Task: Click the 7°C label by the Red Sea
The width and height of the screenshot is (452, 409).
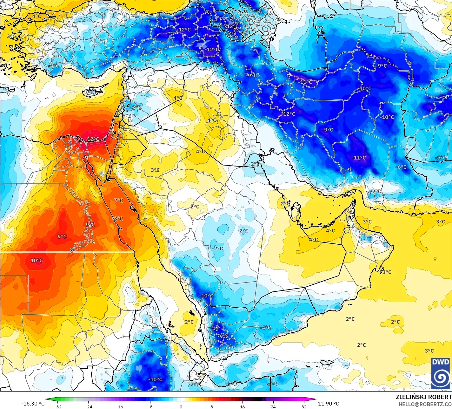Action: [x=118, y=201]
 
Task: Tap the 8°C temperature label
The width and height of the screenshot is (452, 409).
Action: [x=118, y=219]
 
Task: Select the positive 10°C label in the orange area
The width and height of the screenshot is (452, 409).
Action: [x=37, y=261]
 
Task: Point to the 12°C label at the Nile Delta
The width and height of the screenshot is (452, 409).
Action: [x=93, y=139]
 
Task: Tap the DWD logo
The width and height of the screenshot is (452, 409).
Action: [x=441, y=373]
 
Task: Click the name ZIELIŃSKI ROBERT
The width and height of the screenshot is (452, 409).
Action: [x=423, y=397]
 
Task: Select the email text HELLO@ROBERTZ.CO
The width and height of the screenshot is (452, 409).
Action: [x=425, y=404]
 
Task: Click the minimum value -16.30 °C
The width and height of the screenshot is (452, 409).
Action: [x=33, y=404]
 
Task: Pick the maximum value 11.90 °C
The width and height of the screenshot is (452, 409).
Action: [x=329, y=404]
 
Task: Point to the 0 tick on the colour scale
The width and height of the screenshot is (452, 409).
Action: [x=181, y=407]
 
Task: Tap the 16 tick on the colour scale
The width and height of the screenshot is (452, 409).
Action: [x=242, y=407]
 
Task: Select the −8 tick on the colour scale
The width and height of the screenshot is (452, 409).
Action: [x=150, y=407]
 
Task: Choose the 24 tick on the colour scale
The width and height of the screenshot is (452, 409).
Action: [x=273, y=407]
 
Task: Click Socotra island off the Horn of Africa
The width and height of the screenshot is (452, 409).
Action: [x=327, y=362]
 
